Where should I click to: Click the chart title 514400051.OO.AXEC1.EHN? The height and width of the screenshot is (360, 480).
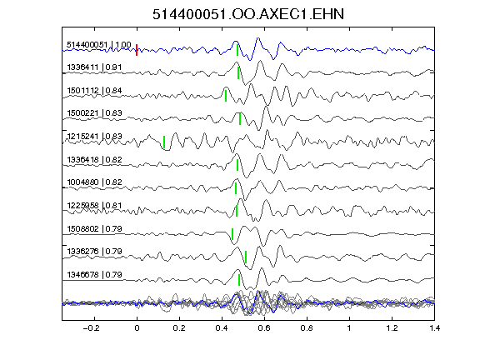click(x=248, y=14)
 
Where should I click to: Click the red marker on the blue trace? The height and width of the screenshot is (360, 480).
click(x=137, y=50)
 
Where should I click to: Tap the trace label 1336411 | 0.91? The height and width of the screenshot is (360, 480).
click(x=94, y=67)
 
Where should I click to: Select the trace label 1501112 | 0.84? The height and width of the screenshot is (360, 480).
click(x=94, y=90)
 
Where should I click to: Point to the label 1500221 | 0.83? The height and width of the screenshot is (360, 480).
click(x=94, y=113)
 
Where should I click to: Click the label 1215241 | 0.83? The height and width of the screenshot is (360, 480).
click(x=94, y=136)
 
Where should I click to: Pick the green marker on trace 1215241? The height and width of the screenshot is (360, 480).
click(x=164, y=142)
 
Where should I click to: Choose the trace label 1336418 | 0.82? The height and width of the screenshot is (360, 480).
click(x=94, y=159)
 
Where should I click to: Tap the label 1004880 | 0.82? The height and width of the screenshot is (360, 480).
click(x=94, y=182)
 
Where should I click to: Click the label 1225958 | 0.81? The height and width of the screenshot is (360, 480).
click(x=94, y=205)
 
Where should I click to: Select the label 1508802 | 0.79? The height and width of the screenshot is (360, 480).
click(x=94, y=228)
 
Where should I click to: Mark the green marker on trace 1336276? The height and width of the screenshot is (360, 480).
click(x=246, y=257)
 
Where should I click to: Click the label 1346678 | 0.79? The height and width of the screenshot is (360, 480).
click(x=94, y=275)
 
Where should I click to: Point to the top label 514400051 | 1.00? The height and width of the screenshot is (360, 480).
click(x=99, y=45)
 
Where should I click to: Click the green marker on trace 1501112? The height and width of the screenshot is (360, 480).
click(x=226, y=96)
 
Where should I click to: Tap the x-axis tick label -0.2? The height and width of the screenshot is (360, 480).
click(x=91, y=328)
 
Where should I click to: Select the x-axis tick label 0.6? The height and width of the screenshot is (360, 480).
click(x=264, y=328)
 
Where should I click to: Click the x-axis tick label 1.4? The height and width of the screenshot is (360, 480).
click(x=434, y=328)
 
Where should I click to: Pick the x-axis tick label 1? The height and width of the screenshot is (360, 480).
click(x=349, y=328)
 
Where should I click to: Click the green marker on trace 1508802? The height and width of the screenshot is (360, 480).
click(x=232, y=234)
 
